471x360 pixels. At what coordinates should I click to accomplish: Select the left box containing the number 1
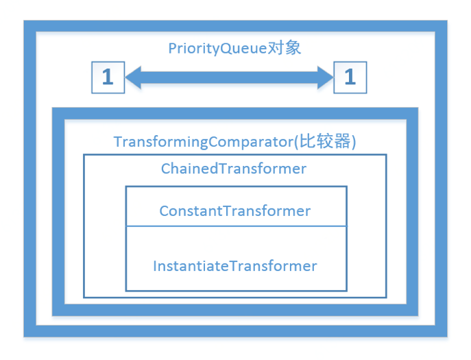[108, 77]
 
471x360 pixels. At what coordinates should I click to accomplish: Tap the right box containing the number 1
[350, 77]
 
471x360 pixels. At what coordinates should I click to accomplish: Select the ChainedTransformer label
[234, 168]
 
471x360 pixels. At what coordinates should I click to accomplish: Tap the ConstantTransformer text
[235, 211]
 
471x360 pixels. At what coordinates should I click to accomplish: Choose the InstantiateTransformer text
[235, 265]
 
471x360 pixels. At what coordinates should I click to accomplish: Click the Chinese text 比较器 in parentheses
[329, 142]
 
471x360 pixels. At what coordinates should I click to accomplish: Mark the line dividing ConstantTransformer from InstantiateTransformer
[235, 226]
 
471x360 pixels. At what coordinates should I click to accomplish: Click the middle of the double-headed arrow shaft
[228, 77]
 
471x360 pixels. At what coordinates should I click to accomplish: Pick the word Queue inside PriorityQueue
[245, 49]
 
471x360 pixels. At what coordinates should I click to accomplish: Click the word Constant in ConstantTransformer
[186, 211]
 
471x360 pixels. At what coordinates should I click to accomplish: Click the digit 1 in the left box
[108, 77]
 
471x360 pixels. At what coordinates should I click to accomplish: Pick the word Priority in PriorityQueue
[195, 49]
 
